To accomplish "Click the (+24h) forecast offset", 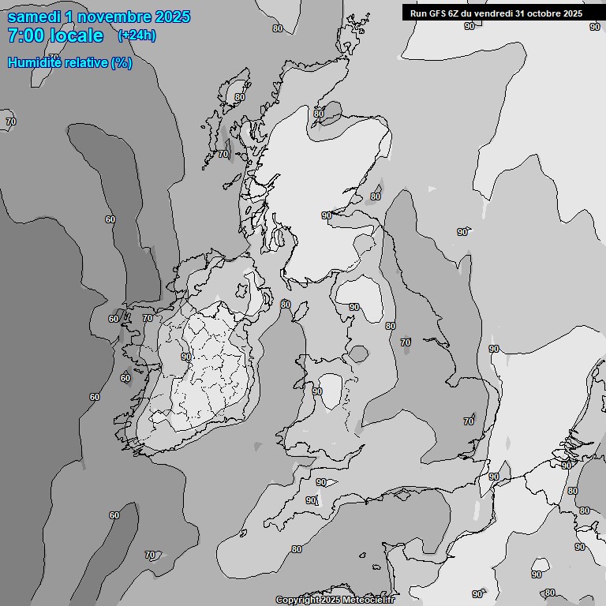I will [137, 35].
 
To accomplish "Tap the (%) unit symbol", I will [122, 63].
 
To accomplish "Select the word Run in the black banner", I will [417, 13].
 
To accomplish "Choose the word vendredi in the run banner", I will [492, 13].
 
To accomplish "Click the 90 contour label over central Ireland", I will [186, 357].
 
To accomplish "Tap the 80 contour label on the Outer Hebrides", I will [239, 98].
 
